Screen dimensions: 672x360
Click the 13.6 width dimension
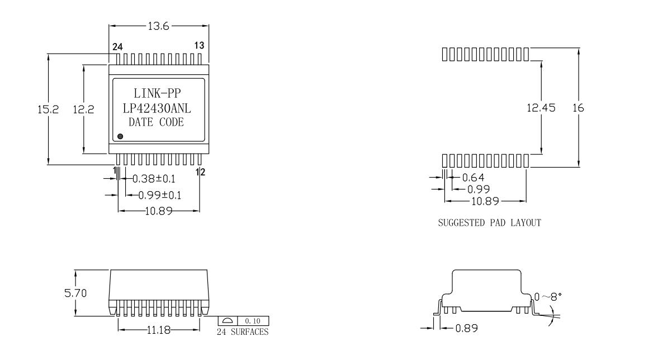[x=158, y=26]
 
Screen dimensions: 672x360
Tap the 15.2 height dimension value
[x=48, y=109]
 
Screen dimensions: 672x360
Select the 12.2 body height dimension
[x=83, y=109]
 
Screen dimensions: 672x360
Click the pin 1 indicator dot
[x=120, y=136]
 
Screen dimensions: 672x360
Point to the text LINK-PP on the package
[x=157, y=93]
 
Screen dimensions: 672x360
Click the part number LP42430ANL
[x=157, y=108]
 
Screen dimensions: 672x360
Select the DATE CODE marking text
[x=157, y=122]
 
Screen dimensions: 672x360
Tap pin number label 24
[x=117, y=47]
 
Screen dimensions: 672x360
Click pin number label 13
[x=199, y=46]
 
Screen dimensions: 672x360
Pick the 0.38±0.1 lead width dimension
[x=154, y=179]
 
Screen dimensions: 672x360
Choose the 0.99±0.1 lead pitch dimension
[x=159, y=195]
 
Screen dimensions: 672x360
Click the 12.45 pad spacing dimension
[x=541, y=108]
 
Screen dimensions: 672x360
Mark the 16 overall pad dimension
[x=578, y=108]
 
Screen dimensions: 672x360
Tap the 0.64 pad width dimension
[x=473, y=178]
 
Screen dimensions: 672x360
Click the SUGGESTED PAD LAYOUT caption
[x=490, y=222]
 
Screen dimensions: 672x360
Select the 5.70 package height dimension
[x=75, y=293]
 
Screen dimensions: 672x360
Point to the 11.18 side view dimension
[x=158, y=330]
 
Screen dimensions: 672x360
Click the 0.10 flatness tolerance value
[x=253, y=321]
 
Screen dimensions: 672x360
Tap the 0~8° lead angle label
[x=548, y=297]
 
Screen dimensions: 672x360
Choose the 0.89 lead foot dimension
[x=466, y=328]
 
